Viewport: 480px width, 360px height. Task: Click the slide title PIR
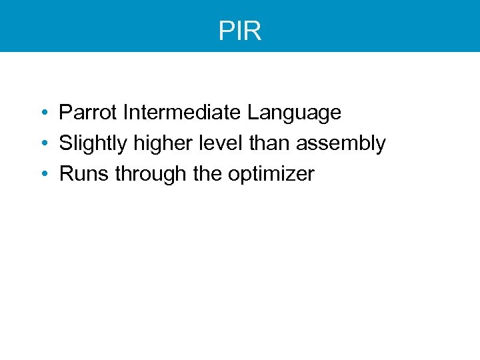(240, 31)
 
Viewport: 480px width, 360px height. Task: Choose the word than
(257, 143)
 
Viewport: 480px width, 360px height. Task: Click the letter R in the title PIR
(253, 31)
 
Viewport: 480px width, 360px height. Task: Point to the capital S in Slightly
(65, 143)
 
